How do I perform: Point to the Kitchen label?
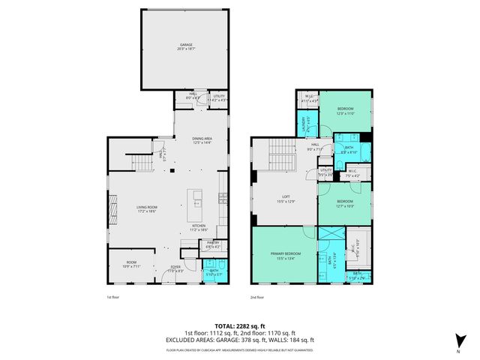199,226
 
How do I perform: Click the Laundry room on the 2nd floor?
304,123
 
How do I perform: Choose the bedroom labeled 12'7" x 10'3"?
344,203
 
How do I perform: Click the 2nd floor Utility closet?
325,172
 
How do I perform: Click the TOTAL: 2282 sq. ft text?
239,326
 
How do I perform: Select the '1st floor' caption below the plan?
113,298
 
